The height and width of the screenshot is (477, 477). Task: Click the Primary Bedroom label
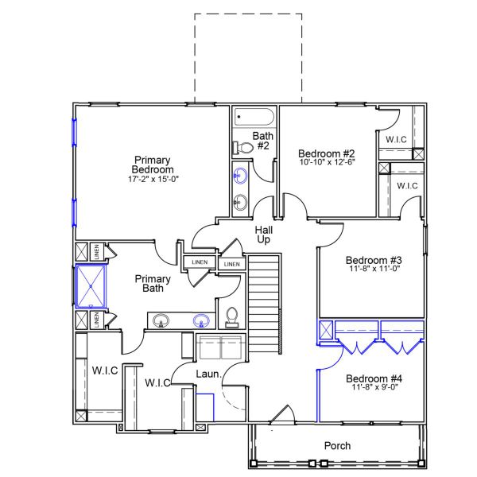coord(153,165)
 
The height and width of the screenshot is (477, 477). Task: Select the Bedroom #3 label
coord(374,260)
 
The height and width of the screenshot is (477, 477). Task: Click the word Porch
coord(337,446)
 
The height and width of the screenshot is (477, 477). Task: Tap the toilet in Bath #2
coord(241,147)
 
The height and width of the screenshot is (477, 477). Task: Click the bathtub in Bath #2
coord(254,118)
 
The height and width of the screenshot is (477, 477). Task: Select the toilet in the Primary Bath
coord(232,317)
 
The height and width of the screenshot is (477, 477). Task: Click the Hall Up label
coord(264,235)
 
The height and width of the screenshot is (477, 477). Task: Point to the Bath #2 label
coord(263,141)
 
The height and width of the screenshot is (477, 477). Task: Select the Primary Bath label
coord(153,283)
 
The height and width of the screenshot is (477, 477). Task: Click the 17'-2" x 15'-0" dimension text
coord(153,179)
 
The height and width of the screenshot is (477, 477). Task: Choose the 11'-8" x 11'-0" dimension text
coord(374,270)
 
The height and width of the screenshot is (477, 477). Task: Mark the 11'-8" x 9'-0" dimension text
coord(374,388)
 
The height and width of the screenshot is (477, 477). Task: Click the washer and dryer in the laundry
coord(219,348)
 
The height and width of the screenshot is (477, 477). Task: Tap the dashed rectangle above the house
coord(248,56)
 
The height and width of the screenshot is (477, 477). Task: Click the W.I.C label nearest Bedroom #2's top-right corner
coord(396,140)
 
